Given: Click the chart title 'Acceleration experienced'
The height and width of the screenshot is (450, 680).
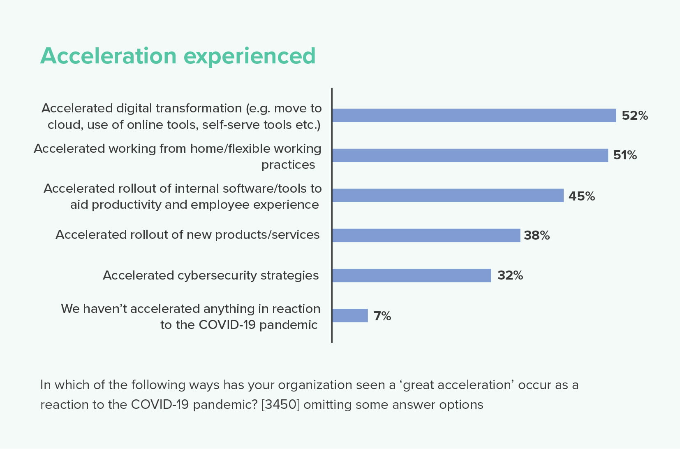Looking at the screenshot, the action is (x=178, y=56).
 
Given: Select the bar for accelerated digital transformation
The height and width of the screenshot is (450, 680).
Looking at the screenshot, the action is (x=474, y=115).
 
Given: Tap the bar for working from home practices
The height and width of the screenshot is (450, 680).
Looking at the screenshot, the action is (x=470, y=155).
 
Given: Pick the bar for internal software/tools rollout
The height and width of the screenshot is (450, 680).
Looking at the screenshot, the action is (x=448, y=195).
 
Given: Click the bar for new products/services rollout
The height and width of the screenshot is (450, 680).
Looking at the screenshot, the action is (x=426, y=235).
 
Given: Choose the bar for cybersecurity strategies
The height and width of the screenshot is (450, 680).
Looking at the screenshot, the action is (x=412, y=275).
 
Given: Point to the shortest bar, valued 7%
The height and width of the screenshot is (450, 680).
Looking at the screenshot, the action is (x=350, y=315).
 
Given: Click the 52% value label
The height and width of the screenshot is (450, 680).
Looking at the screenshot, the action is (x=635, y=116).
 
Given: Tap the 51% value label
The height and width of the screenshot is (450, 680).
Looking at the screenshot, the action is (x=625, y=155).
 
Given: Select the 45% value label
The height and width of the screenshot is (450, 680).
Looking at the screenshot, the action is (x=582, y=196).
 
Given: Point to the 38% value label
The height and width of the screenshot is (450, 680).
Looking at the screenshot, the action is (x=537, y=235).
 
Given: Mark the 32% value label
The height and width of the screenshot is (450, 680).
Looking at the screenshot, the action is (x=510, y=275).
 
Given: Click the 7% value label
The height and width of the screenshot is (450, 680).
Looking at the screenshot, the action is (x=382, y=316).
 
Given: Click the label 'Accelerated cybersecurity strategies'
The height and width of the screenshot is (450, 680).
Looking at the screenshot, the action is (x=210, y=275).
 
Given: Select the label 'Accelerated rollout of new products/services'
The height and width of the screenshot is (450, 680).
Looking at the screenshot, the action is (x=187, y=235).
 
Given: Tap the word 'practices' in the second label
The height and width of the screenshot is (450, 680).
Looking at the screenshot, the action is (x=288, y=165).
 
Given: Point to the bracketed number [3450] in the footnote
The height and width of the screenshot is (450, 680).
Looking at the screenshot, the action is (x=280, y=405).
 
